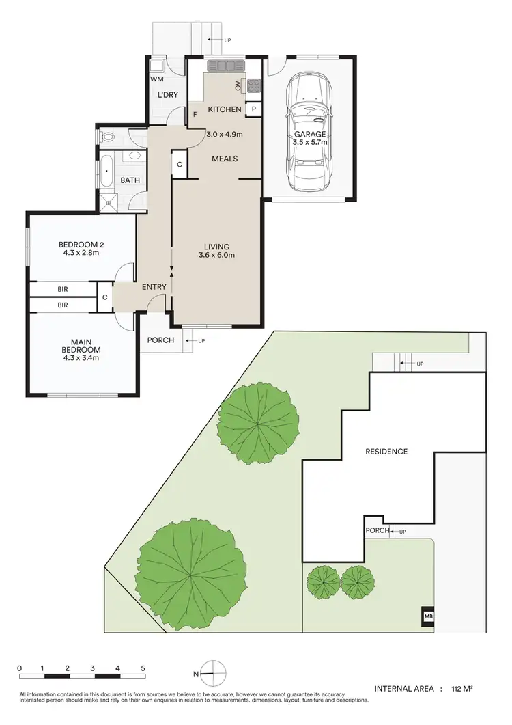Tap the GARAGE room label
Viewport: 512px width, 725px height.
click(x=310, y=135)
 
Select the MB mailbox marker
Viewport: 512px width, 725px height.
click(x=429, y=616)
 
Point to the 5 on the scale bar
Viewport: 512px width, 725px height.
click(x=143, y=668)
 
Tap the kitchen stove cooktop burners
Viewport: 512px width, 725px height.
click(x=254, y=85)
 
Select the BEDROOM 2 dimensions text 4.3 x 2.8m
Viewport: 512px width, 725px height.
click(x=81, y=254)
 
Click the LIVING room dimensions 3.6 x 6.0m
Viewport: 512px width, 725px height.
click(x=216, y=256)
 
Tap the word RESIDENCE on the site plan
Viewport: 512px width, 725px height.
click(x=386, y=452)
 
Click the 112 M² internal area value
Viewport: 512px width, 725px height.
click(x=463, y=689)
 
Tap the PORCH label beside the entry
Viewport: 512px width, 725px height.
click(x=160, y=340)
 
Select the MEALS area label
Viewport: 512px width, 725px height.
click(x=225, y=159)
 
